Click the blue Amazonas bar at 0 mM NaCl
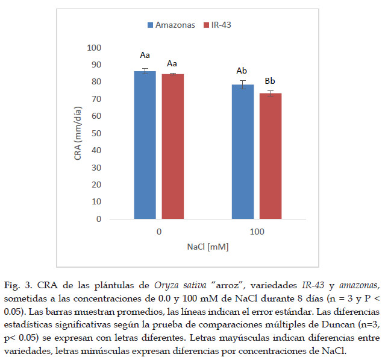[x=145, y=145]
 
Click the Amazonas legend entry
[x=171, y=25]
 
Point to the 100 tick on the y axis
[x=94, y=48]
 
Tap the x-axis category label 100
[x=257, y=231]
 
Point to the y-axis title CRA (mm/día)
[x=78, y=133]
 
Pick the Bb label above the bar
[x=271, y=81]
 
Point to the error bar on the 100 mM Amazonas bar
[x=243, y=84]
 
